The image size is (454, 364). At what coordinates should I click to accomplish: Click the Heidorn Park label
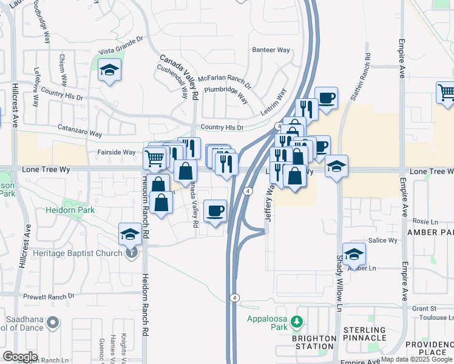pos(70,210)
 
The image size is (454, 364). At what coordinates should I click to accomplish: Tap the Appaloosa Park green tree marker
pos(297,321)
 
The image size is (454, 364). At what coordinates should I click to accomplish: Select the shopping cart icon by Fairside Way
pos(155,159)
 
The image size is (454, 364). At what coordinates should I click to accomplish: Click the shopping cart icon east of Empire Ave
pos(447,92)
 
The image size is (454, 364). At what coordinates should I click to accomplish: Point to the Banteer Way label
pos(271,50)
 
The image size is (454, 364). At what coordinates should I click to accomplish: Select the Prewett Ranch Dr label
pos(49,296)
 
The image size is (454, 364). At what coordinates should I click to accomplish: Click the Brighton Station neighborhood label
pos(314,342)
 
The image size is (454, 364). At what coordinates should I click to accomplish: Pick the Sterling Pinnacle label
pos(365,334)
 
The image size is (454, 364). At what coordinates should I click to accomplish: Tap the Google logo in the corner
pos(20,357)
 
